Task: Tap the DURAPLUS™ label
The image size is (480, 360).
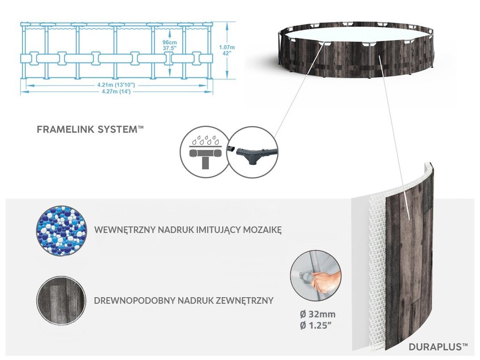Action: [x=438, y=347]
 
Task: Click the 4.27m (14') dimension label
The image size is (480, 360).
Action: [x=116, y=91]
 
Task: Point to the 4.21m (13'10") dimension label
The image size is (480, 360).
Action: [x=116, y=84]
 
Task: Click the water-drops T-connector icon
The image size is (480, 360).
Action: [x=204, y=151]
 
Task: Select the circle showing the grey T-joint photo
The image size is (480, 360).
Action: [x=253, y=151]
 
